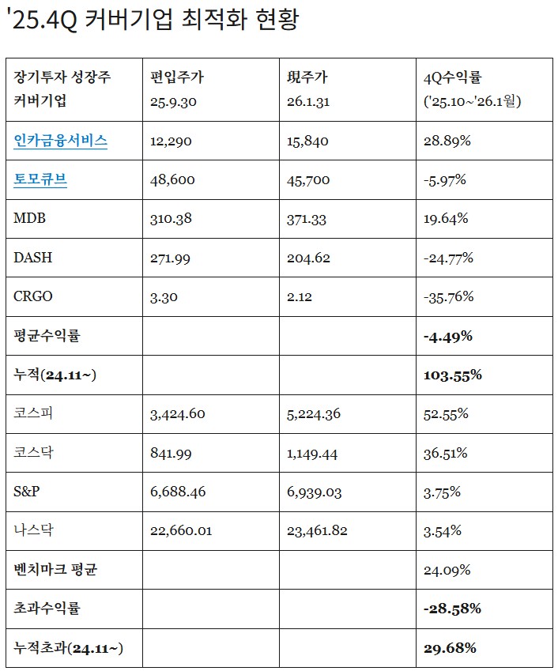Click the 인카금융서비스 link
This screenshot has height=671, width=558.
[61, 141]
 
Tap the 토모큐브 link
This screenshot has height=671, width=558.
[40, 180]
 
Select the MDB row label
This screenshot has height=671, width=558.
[30, 219]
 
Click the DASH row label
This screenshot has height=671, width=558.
[33, 258]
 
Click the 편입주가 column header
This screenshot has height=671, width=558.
[177, 77]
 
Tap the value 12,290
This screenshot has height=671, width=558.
[171, 141]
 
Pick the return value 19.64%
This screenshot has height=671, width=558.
[447, 219]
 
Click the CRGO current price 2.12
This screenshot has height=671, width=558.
[300, 296]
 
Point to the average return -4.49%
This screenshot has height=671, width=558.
[448, 336]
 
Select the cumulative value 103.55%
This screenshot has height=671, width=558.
[453, 375]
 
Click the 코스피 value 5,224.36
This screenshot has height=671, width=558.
[315, 413]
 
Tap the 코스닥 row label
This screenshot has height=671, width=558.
[36, 453]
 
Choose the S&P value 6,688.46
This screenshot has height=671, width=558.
[178, 492]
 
